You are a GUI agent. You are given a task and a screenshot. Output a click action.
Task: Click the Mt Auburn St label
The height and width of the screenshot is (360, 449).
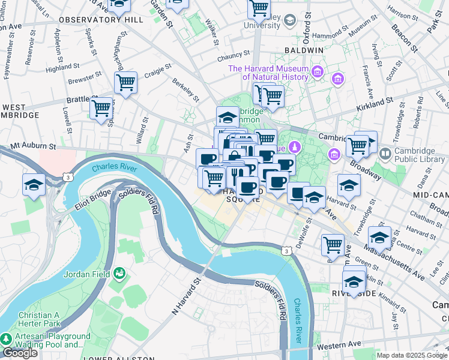[32, 146]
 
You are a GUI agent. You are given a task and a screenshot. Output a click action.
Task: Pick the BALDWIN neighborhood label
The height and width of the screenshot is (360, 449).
[304, 50]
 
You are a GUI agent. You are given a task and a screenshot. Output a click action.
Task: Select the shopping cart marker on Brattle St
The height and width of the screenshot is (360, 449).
[101, 108]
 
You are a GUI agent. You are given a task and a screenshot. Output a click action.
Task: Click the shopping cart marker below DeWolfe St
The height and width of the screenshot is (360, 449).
[333, 244]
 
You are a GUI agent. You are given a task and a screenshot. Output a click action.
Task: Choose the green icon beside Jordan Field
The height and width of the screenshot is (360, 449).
[121, 274]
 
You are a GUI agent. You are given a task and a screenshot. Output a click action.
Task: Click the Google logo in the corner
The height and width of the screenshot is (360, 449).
[20, 353]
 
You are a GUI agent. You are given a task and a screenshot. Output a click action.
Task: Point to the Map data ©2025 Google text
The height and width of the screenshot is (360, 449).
[412, 355]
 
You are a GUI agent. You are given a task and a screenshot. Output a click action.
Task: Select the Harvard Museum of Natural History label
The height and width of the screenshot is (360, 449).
[268, 73]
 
